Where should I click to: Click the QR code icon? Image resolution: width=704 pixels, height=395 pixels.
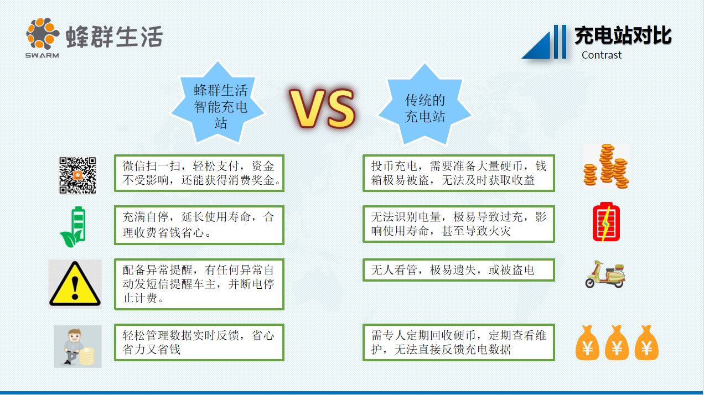tap(78, 175)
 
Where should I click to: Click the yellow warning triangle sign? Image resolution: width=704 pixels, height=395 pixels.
tap(75, 284)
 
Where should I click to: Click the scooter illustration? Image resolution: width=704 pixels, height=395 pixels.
tap(605, 274)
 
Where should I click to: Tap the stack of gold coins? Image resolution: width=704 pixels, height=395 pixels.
tap(607, 165)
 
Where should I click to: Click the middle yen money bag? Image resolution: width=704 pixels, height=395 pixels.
tap(617, 343)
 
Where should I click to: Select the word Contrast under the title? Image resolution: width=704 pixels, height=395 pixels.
tap(602, 55)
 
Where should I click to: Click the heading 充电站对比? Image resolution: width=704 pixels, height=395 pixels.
tap(623, 35)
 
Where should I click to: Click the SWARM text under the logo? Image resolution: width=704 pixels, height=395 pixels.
tap(42, 55)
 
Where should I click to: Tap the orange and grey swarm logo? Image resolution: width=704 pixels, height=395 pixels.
tap(43, 34)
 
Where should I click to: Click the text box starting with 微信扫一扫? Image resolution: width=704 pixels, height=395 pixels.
tap(199, 173)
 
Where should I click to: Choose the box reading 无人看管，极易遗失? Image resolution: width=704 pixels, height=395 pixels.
tap(459, 270)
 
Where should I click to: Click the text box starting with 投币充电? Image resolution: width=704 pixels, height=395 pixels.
tap(459, 173)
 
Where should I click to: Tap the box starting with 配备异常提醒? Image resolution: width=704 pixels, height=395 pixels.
tap(199, 284)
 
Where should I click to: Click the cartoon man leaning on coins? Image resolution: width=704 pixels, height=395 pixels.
tap(77, 346)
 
